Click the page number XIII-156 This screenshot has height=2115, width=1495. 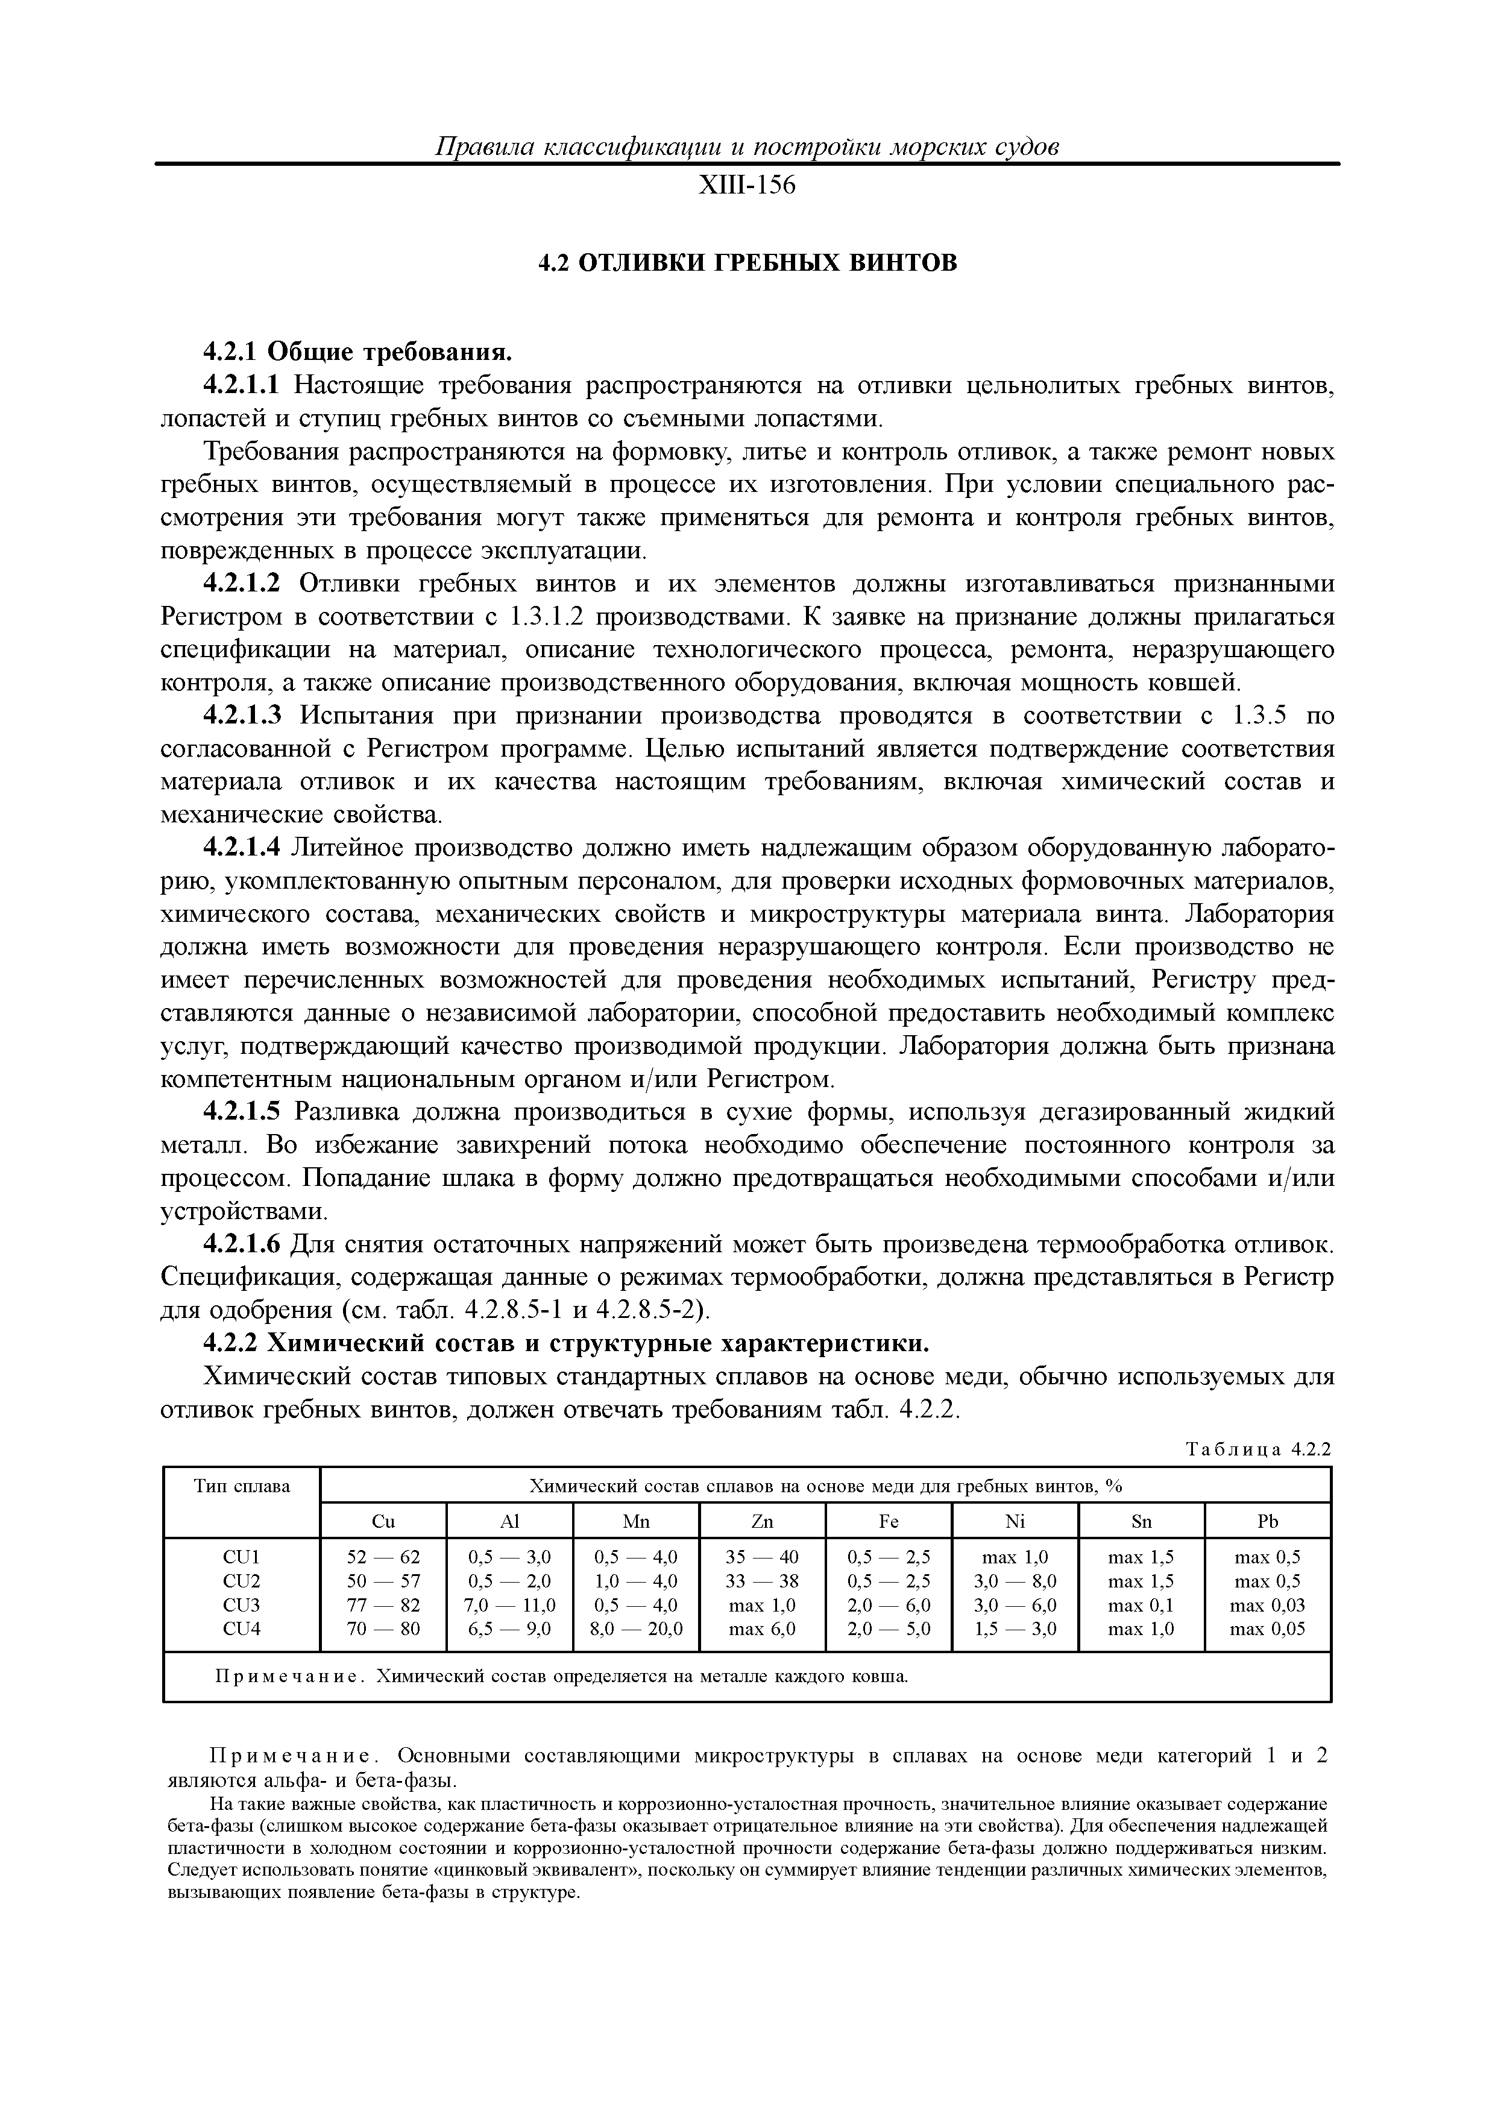(x=746, y=186)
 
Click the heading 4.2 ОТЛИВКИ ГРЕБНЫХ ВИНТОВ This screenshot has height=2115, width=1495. (x=747, y=263)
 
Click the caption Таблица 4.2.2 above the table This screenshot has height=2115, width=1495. (x=1257, y=1449)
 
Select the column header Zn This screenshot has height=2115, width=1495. (x=762, y=1522)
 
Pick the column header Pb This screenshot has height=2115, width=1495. (x=1268, y=1522)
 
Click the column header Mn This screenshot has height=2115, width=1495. (x=635, y=1522)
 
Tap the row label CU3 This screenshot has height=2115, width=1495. (x=241, y=1606)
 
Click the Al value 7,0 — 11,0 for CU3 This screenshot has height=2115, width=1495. (x=509, y=1606)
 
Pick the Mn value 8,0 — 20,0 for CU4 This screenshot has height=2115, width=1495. (x=635, y=1630)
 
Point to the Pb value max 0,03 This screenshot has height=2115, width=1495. (x=1268, y=1606)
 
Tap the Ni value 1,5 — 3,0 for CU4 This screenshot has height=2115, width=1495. (x=1015, y=1630)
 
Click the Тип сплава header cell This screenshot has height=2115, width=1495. (x=241, y=1487)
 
